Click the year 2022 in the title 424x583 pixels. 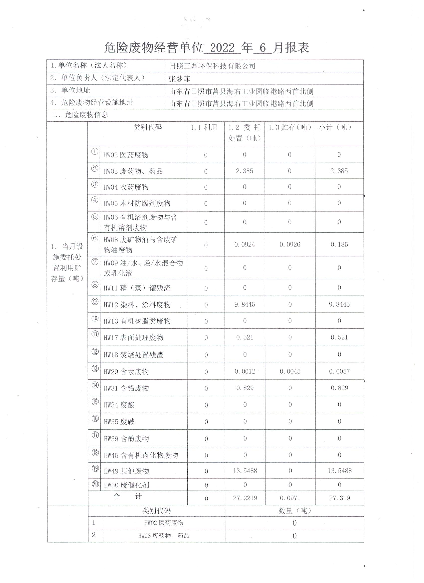(x=222, y=48)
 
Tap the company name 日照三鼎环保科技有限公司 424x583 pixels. (x=212, y=66)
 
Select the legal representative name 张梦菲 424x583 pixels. (x=179, y=79)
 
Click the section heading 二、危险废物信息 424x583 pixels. (x=79, y=115)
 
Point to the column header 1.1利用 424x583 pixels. (x=204, y=127)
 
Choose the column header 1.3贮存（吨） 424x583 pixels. (x=290, y=127)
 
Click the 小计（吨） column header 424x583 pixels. (x=335, y=127)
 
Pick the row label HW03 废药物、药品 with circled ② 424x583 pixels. (x=133, y=171)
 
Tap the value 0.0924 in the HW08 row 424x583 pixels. (x=244, y=244)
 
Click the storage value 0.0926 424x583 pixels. (x=290, y=244)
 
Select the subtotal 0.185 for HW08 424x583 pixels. (x=339, y=244)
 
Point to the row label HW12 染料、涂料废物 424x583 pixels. (x=137, y=305)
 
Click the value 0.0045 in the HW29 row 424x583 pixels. (x=290, y=371)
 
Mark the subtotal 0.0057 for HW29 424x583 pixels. (x=339, y=371)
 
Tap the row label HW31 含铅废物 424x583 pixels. (x=126, y=388)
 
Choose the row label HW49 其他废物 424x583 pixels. (x=126, y=471)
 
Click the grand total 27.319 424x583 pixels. (x=339, y=498)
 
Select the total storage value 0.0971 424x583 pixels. (x=290, y=498)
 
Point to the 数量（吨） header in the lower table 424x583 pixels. (x=295, y=511)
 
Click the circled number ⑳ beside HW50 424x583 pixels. (x=95, y=484)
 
